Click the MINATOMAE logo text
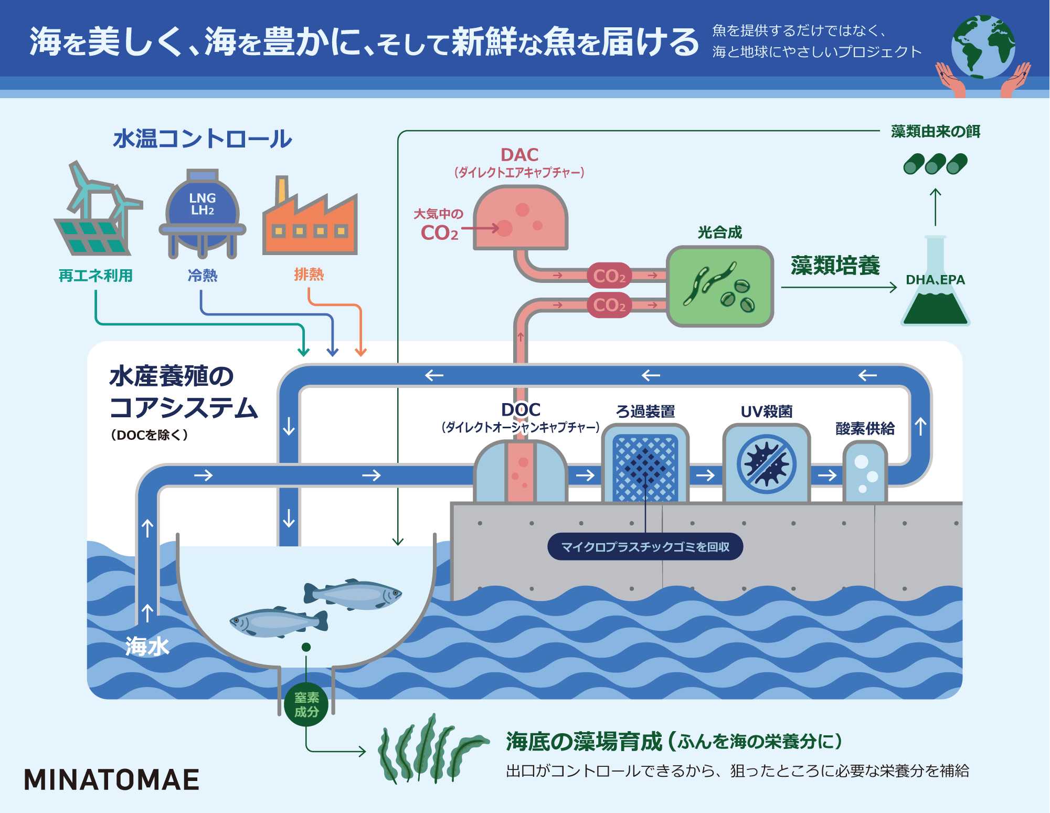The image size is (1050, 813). tap(112, 779)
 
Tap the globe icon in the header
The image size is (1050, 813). tap(983, 47)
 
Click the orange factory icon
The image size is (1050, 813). tap(310, 220)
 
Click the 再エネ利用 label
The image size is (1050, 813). tap(96, 275)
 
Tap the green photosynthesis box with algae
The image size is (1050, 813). tap(720, 287)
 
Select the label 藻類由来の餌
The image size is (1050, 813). tap(936, 131)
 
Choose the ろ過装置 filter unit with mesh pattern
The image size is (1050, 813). tap(645, 465)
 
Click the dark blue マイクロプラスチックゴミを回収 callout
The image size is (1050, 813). tap(645, 547)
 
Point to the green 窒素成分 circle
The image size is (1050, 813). tap(306, 704)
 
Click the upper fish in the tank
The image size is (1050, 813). tap(353, 594)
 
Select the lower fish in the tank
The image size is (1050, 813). tap(278, 622)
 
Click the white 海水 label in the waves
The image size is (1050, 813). tap(147, 646)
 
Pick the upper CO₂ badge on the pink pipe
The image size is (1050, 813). tap(609, 276)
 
